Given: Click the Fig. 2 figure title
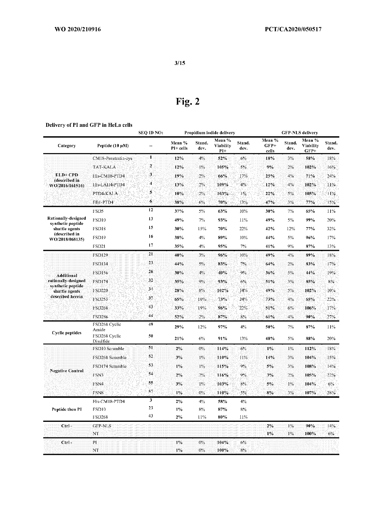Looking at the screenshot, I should coord(187,102).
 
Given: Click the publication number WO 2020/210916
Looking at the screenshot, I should coord(77,29).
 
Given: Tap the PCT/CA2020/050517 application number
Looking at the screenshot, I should coord(293,29).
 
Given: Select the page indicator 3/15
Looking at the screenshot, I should coord(180,63).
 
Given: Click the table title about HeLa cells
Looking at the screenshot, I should coord(89,125).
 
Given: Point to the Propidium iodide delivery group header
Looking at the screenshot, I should coord(210,133).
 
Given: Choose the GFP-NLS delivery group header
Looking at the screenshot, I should coord(299,133).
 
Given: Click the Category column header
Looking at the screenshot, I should coord(67,146).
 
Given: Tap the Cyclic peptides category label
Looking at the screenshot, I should coord(67,333).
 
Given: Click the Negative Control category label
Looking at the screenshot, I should coord(67,371).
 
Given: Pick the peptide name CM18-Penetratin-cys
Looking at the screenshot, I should coord(112,158).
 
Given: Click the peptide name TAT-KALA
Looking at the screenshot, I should coord(104,167).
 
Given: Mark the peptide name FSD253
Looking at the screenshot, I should coord(100,299).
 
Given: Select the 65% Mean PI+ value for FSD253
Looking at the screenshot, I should coord(179,299).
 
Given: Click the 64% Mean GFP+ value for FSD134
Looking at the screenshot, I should coord(270,264).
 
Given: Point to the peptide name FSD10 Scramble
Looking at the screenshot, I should coord(108,349).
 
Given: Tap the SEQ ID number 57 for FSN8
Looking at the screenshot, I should coord(151,392).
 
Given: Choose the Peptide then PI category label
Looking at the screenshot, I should coord(67,409).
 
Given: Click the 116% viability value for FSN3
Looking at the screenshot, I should coord(222,375).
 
